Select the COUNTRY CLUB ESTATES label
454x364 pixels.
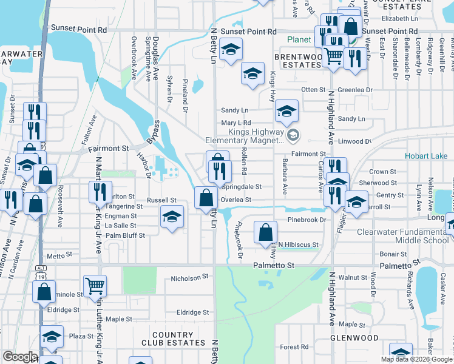173,339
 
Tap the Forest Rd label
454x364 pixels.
295,347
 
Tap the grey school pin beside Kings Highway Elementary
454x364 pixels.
294,135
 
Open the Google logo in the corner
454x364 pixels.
20,357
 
